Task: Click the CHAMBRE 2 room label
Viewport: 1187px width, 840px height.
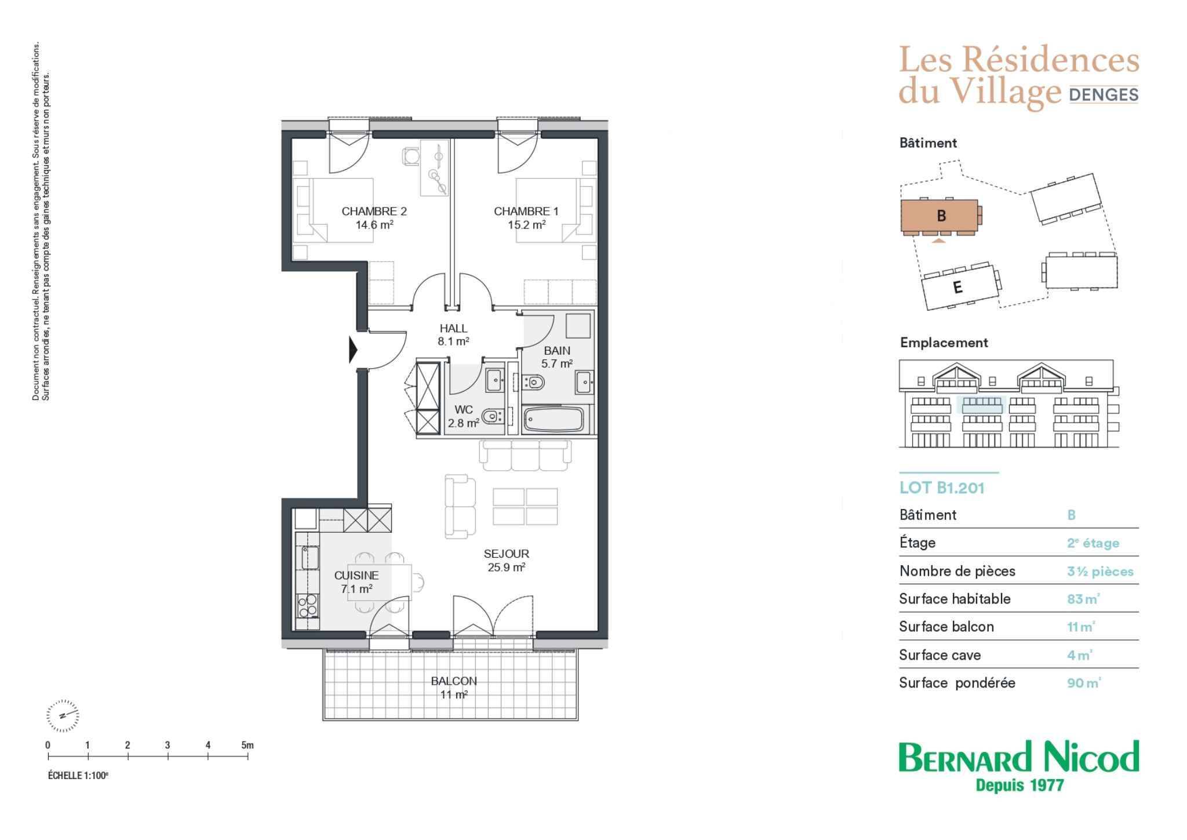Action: [x=374, y=212]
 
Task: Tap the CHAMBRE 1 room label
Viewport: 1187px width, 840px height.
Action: [x=526, y=212]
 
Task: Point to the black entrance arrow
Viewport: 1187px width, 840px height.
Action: [x=353, y=350]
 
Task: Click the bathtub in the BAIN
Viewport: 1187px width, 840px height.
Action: [x=553, y=420]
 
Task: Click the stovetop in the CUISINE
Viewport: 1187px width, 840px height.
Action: [x=308, y=606]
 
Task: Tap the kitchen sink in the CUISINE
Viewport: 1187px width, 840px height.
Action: [x=308, y=558]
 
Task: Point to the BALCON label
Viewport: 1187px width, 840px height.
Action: [x=454, y=681]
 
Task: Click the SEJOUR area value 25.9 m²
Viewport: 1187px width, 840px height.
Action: [x=507, y=568]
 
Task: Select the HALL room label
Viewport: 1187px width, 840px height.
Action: [x=453, y=329]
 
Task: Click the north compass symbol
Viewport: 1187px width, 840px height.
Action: [x=62, y=715]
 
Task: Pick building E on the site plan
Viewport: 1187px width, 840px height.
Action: [x=959, y=287]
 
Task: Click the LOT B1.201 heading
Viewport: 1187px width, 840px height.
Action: [x=942, y=488]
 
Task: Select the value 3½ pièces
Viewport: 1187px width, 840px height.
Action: [x=1100, y=572]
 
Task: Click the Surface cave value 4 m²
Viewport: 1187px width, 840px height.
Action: [x=1080, y=655]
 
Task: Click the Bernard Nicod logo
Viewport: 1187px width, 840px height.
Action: [x=1019, y=765]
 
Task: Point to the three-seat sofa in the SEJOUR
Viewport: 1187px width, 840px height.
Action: [x=525, y=456]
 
